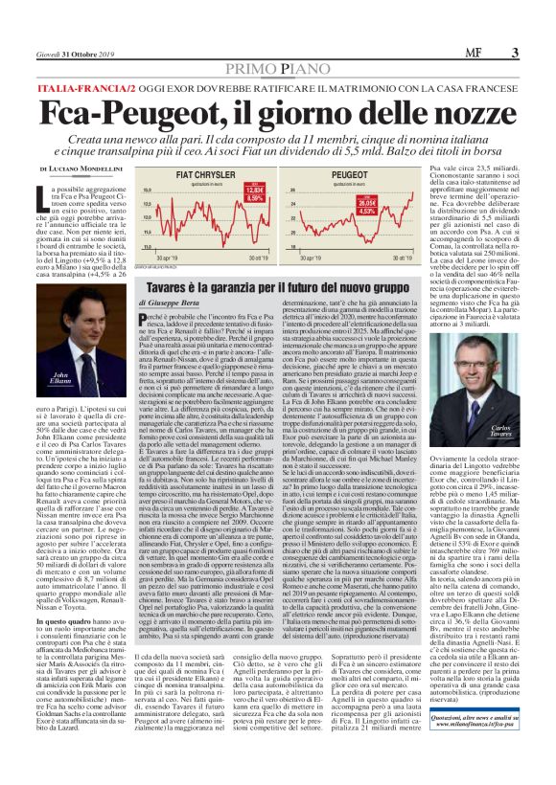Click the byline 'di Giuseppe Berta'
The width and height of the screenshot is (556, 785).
172,302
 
